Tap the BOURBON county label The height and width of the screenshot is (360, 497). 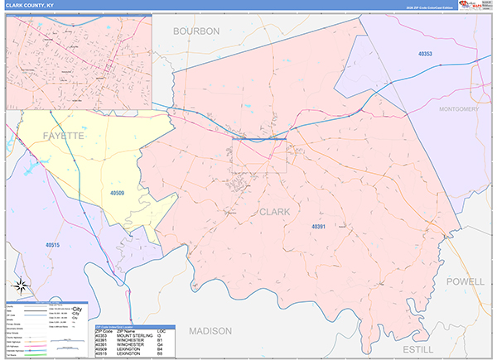coord(196,31)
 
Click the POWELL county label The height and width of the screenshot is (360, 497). coord(466,281)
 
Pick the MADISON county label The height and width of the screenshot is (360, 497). coord(211,330)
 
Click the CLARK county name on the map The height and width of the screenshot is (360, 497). coord(275,212)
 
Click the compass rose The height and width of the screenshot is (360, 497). coord(23,289)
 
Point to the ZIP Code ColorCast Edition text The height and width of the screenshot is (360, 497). coord(426,8)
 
